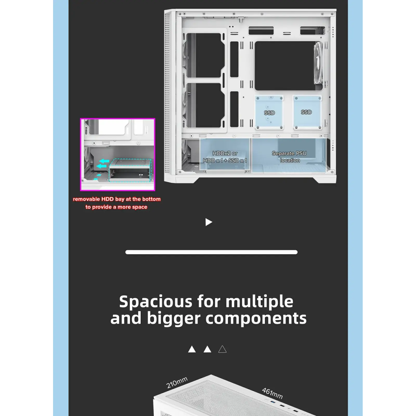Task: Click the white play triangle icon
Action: pyautogui.click(x=209, y=222)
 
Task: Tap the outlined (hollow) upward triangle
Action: pyautogui.click(x=222, y=349)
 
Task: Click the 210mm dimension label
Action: pyautogui.click(x=177, y=382)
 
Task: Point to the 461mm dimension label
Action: pyautogui.click(x=272, y=393)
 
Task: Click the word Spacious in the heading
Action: pyautogui.click(x=156, y=302)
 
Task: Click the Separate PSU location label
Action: pyautogui.click(x=289, y=157)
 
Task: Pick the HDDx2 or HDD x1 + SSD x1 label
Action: pyautogui.click(x=225, y=157)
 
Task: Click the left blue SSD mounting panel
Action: pyautogui.click(x=269, y=113)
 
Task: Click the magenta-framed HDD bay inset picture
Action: pyautogui.click(x=118, y=154)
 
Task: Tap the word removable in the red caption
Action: pyautogui.click(x=86, y=199)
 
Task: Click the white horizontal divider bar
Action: pyautogui.click(x=211, y=252)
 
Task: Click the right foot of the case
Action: pyautogui.click(x=325, y=180)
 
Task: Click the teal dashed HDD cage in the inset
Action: pyautogui.click(x=130, y=171)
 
